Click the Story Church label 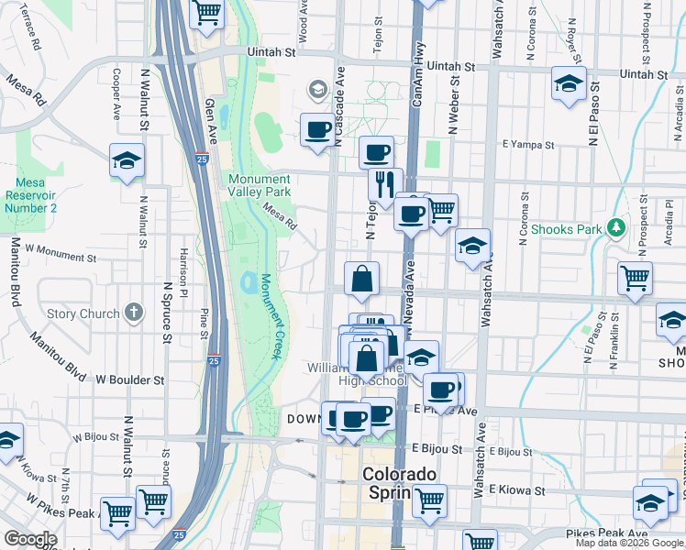pos(83,313)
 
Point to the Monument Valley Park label pos(260,185)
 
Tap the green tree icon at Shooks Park pos(617,227)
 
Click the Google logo pos(29,538)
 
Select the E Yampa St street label pos(527,144)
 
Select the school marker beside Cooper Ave pos(127,161)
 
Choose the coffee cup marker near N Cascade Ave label pos(317,129)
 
